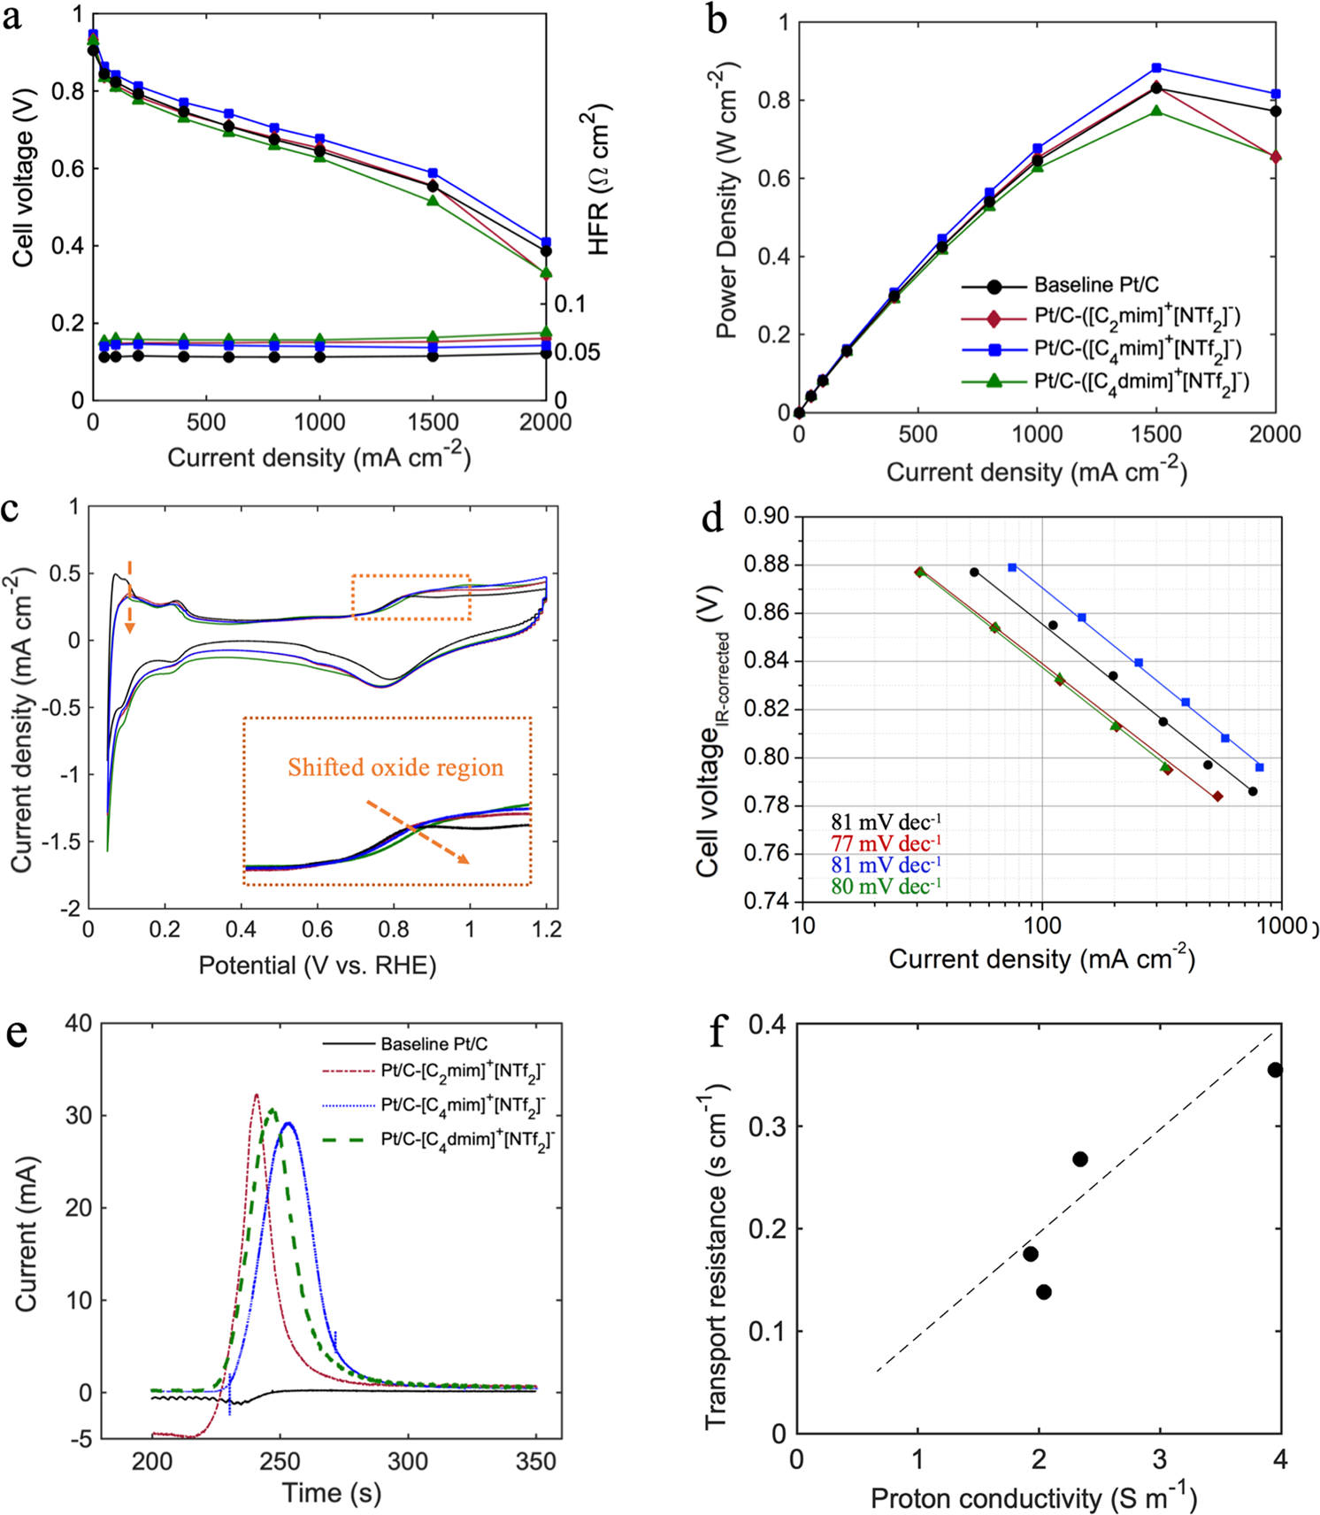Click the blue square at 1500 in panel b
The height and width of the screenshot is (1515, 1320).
pyautogui.click(x=1156, y=68)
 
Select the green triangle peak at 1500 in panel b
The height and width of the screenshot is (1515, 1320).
pyautogui.click(x=1156, y=111)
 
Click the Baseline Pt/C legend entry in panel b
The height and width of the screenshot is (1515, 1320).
pyautogui.click(x=1095, y=285)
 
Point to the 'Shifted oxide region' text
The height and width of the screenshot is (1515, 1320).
pyautogui.click(x=395, y=767)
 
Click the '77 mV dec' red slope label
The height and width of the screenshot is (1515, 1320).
pyautogui.click(x=886, y=843)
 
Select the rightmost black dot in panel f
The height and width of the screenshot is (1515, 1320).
pyautogui.click(x=1275, y=1070)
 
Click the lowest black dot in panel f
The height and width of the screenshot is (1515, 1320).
pyautogui.click(x=1043, y=1292)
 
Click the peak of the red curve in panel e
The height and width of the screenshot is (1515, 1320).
pyautogui.click(x=257, y=1096)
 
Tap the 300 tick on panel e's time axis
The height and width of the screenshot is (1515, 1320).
pyautogui.click(x=407, y=1460)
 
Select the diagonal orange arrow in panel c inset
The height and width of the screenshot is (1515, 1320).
pyautogui.click(x=418, y=832)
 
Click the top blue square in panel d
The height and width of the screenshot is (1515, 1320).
pyautogui.click(x=1012, y=567)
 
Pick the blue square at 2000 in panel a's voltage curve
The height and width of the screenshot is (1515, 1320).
pyautogui.click(x=546, y=242)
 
